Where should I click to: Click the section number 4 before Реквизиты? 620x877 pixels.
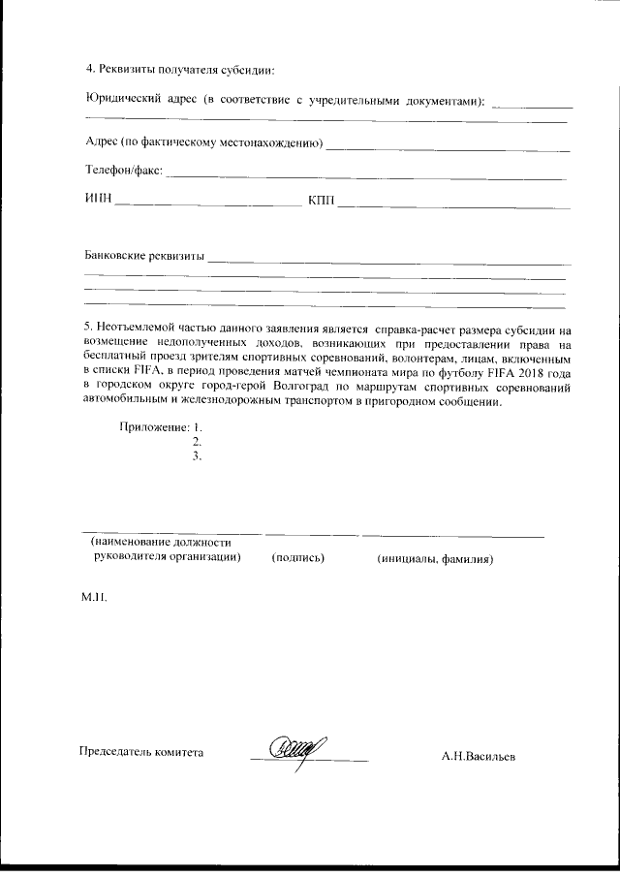pos(89,69)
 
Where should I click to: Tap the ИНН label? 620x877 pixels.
pos(99,201)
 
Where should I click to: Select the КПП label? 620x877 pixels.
pos(321,201)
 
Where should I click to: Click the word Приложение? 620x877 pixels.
pos(153,426)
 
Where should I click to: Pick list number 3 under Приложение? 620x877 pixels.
pos(197,457)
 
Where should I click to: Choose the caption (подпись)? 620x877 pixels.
pos(297,559)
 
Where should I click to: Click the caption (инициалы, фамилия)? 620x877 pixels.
pos(436,559)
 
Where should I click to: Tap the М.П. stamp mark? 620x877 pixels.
pos(94,599)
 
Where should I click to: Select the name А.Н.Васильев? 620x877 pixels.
pos(478,757)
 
